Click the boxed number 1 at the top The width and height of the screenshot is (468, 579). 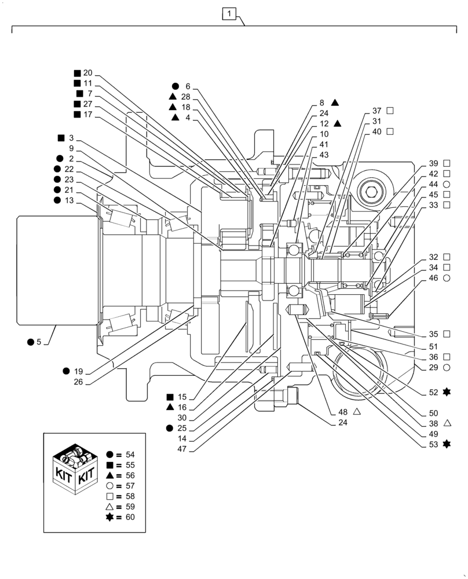[x=230, y=13]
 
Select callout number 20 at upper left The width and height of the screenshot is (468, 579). [x=87, y=73]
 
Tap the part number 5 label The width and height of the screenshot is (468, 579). [x=39, y=342]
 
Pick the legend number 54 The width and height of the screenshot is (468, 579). [x=129, y=455]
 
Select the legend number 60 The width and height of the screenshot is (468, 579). [x=129, y=517]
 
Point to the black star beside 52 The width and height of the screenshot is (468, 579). [x=447, y=392]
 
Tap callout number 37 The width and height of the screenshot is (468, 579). [x=376, y=110]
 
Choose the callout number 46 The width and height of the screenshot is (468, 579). [x=433, y=278]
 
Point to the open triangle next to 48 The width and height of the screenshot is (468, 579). [x=357, y=412]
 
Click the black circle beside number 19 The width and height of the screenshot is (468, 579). [x=67, y=371]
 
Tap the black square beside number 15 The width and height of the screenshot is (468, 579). [x=170, y=397]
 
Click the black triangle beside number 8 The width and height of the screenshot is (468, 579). [x=335, y=102]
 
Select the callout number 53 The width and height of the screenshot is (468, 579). [x=433, y=444]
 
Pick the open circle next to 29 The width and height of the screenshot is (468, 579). [x=447, y=368]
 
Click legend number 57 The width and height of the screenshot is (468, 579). [x=129, y=486]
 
